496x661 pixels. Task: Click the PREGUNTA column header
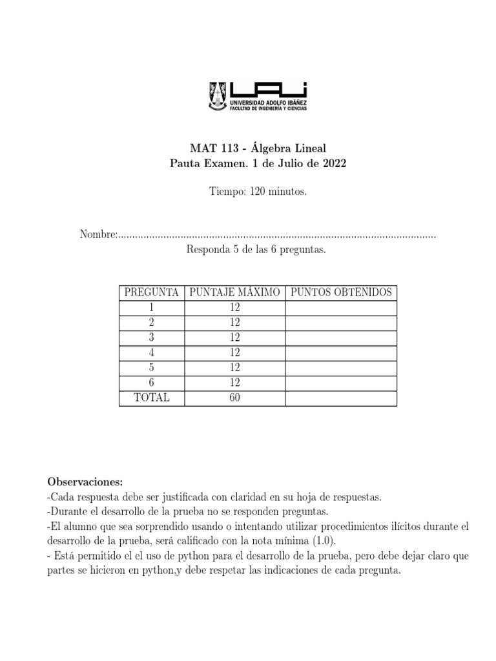tap(151, 292)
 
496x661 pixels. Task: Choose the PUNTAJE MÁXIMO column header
tap(234, 292)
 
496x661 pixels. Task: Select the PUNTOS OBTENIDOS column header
tap(341, 292)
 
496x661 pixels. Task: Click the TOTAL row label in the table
tap(151, 398)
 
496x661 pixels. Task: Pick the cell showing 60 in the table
tap(234, 398)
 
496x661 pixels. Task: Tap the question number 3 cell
tap(151, 338)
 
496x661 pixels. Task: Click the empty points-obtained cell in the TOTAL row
tap(341, 398)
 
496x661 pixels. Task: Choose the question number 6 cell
tap(151, 383)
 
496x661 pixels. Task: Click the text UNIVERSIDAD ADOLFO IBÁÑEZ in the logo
tap(269, 103)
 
